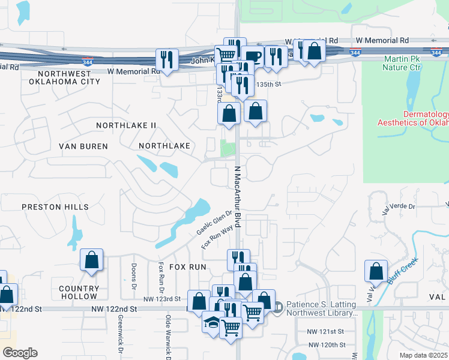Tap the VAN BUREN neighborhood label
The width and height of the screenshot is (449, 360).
click(83, 146)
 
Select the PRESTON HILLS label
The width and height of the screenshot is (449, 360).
click(55, 207)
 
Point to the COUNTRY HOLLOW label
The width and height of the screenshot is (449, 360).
click(79, 292)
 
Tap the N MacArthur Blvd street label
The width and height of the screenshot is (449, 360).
click(238, 196)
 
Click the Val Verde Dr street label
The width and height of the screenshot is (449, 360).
click(398, 206)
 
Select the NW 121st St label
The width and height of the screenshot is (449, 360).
click(325, 331)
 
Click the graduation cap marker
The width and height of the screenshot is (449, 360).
click(212, 322)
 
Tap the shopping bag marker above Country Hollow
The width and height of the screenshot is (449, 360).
click(91, 260)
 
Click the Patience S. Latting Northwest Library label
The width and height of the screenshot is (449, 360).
click(322, 308)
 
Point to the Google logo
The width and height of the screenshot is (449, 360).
click(20, 353)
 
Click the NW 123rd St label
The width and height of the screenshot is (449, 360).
click(162, 299)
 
